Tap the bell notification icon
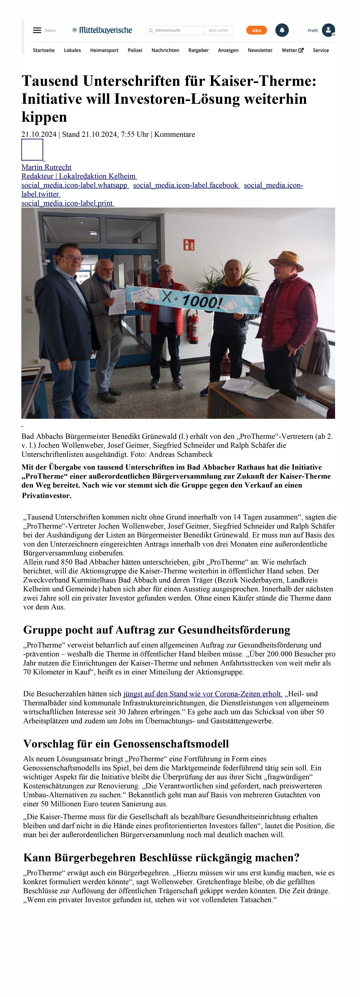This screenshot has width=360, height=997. [282, 30]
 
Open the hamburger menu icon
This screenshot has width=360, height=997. [37, 30]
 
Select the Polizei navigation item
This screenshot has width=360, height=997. [135, 50]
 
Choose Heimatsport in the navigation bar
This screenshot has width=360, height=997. [104, 50]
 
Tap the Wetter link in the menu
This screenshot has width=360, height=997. [292, 50]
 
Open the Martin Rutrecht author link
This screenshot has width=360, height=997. [46, 167]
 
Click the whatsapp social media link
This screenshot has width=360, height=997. [75, 185]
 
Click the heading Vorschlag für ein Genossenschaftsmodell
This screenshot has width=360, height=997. [126, 744]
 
